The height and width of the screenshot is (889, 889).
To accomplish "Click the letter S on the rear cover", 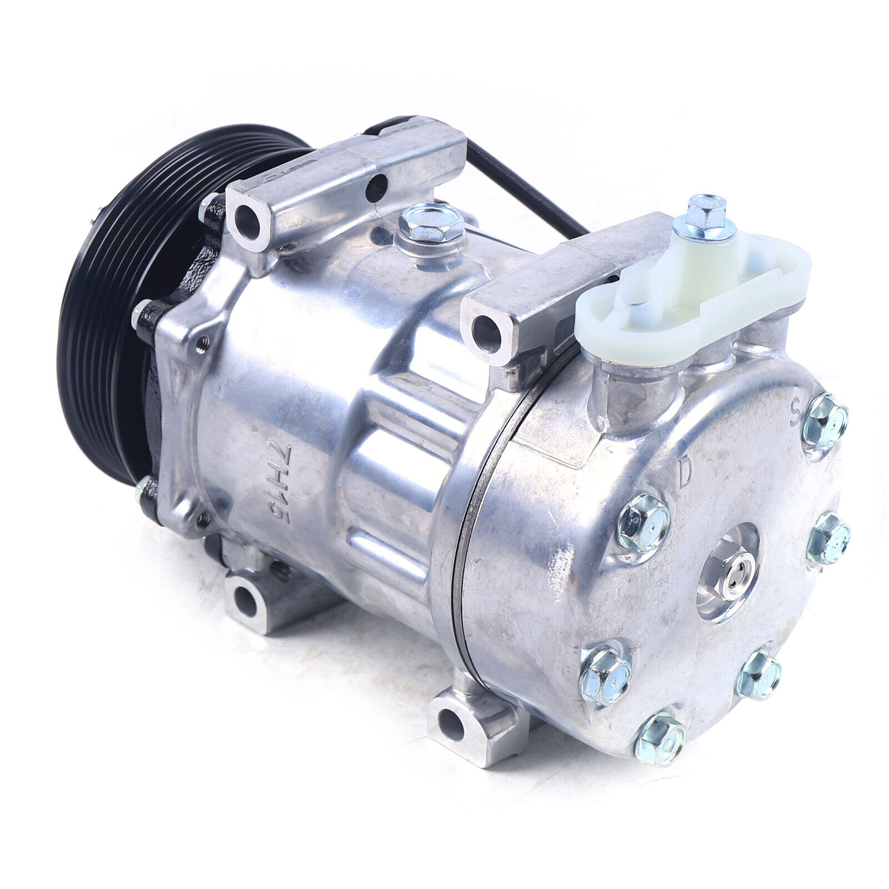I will tap(796, 412).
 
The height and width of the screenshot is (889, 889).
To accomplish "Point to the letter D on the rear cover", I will tap(686, 473).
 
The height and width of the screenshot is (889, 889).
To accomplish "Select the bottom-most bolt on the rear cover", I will tap(660, 738).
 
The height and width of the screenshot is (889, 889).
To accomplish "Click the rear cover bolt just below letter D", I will tap(643, 522).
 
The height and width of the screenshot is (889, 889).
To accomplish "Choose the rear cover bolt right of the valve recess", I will tap(828, 538).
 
